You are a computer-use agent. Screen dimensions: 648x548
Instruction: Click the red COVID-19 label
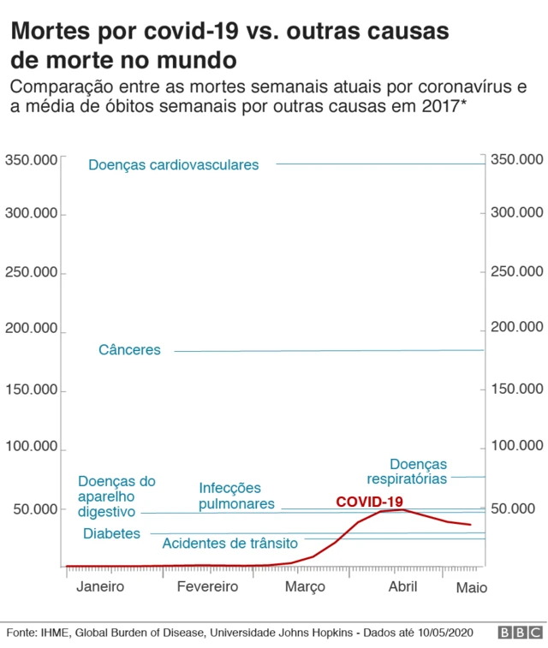pyautogui.click(x=369, y=502)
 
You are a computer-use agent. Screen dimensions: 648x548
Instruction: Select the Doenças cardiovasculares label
pyautogui.click(x=173, y=165)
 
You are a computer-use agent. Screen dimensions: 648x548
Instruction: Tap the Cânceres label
pyautogui.click(x=129, y=350)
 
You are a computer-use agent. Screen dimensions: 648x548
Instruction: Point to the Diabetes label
pyautogui.click(x=111, y=533)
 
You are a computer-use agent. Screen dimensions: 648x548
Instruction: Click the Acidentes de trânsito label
pyautogui.click(x=229, y=544)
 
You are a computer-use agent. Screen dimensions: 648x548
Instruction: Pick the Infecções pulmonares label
pyautogui.click(x=236, y=496)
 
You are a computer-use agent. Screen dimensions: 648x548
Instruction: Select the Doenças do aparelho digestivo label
pyautogui.click(x=116, y=496)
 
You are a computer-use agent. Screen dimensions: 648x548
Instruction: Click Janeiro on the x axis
pyautogui.click(x=100, y=587)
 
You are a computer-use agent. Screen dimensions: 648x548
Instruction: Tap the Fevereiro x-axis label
pyautogui.click(x=207, y=587)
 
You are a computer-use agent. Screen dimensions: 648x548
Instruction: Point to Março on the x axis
pyautogui.click(x=305, y=587)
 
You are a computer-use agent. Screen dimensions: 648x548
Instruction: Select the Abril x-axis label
pyautogui.click(x=403, y=587)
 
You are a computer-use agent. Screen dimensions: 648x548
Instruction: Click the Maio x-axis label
pyautogui.click(x=471, y=588)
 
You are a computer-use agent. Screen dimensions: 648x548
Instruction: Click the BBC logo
pyautogui.click(x=519, y=633)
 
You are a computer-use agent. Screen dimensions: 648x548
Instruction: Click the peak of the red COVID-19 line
pyautogui.click(x=403, y=510)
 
